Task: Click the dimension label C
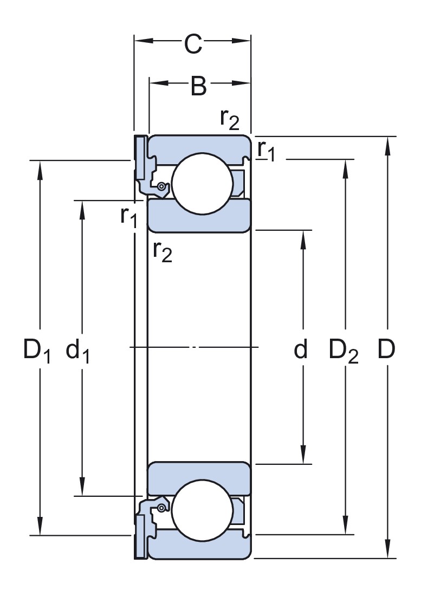click(x=193, y=44)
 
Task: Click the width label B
click(x=199, y=86)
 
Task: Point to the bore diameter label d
click(x=301, y=349)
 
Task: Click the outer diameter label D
click(x=386, y=349)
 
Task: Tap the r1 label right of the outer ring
click(x=266, y=151)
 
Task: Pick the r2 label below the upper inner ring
click(x=162, y=251)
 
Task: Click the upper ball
click(x=202, y=184)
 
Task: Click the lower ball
click(x=202, y=510)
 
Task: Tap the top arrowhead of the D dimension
click(x=387, y=146)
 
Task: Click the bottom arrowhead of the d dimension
click(x=303, y=455)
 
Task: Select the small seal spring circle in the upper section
click(x=162, y=186)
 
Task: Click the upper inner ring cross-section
click(x=199, y=216)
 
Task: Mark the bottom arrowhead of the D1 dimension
click(x=40, y=526)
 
